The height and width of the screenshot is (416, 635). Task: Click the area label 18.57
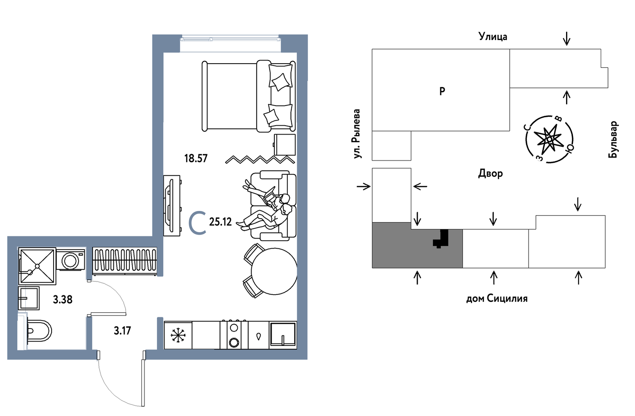tap(196, 158)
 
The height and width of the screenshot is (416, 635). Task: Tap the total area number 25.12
tap(220, 222)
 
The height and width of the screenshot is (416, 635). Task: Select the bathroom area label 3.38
tap(62, 299)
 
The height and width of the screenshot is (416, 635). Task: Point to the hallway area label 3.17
tap(122, 330)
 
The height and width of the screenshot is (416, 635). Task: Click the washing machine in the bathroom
tap(71, 260)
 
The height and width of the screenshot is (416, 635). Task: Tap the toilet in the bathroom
tap(39, 331)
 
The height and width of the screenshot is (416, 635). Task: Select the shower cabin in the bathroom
tap(37, 266)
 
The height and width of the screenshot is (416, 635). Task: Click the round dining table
tap(274, 271)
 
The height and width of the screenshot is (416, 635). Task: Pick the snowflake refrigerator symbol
tap(178, 335)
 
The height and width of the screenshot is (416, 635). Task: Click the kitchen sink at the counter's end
tap(283, 335)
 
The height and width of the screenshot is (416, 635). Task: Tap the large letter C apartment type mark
tap(197, 222)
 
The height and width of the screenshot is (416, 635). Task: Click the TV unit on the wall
tap(172, 205)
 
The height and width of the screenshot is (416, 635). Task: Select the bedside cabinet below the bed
tap(285, 145)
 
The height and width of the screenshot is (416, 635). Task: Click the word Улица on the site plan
tap(492, 37)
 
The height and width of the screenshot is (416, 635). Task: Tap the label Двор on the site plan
tap(490, 173)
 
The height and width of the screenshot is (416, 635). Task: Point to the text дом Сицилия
tap(497, 298)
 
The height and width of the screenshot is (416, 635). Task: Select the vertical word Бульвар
tap(613, 139)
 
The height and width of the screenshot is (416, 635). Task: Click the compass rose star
tap(549, 138)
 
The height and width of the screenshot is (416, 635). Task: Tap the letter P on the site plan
tap(442, 91)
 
